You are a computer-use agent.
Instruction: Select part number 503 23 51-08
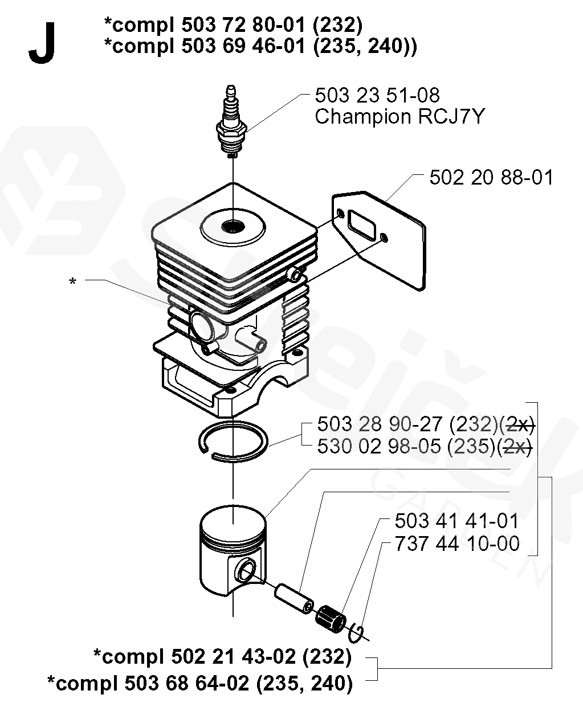tap(377, 95)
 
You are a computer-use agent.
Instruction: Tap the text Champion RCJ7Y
tap(399, 116)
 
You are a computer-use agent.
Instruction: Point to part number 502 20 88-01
tap(491, 177)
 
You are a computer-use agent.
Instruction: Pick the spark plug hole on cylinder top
tap(233, 226)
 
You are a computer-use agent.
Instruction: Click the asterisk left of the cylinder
tap(72, 281)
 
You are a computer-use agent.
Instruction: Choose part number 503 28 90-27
tap(382, 424)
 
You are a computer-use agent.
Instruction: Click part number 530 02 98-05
tap(381, 447)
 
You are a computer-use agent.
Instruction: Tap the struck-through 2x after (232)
tap(520, 424)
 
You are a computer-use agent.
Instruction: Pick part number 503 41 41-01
tap(456, 521)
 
